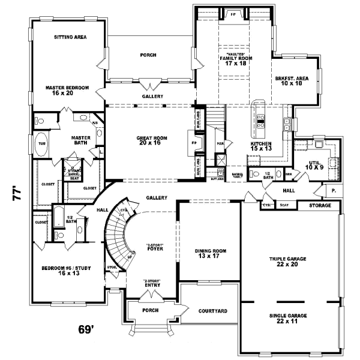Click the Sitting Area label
71,37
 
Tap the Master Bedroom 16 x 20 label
67,91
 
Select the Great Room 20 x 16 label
151,141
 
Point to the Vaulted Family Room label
235,58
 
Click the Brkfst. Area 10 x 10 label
292,81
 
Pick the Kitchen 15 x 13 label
261,147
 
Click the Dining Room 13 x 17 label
209,254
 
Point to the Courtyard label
212,311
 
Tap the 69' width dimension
88,329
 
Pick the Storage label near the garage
319,205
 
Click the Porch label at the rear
148,55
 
